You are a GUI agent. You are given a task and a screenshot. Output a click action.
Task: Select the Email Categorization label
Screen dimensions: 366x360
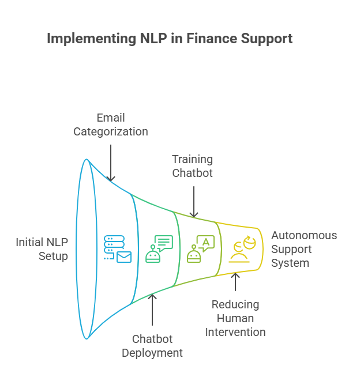click(x=110, y=124)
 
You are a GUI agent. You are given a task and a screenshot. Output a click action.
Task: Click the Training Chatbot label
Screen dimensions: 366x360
click(x=193, y=166)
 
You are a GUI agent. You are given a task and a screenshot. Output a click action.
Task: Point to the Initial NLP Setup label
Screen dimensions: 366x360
click(x=42, y=248)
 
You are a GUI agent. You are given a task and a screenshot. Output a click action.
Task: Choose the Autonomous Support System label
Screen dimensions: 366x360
click(x=303, y=249)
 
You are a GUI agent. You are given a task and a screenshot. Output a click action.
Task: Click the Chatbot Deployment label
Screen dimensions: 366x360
click(x=152, y=345)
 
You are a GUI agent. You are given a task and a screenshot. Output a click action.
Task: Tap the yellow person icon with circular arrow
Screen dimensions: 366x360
click(x=242, y=249)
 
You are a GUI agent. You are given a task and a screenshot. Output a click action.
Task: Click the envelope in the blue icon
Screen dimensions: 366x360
click(x=123, y=257)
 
